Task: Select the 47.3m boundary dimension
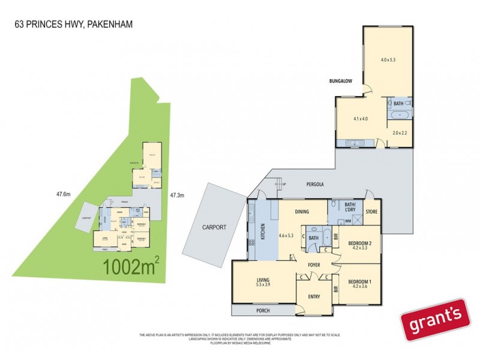pyautogui.click(x=177, y=195)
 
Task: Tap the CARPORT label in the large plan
pyautogui.click(x=214, y=227)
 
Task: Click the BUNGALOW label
pyautogui.click(x=340, y=80)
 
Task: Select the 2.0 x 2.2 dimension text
pyautogui.click(x=400, y=133)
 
